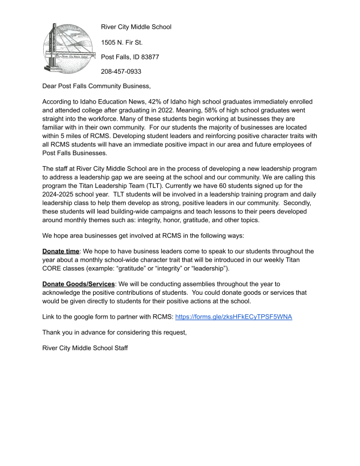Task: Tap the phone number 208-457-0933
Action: pyautogui.click(x=121, y=71)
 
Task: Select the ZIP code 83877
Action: pyautogui.click(x=149, y=57)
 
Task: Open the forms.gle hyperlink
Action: pyautogui.click(x=233, y=316)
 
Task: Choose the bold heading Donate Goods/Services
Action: pyautogui.click(x=78, y=284)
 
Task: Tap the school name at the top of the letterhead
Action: pyautogui.click(x=136, y=27)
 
